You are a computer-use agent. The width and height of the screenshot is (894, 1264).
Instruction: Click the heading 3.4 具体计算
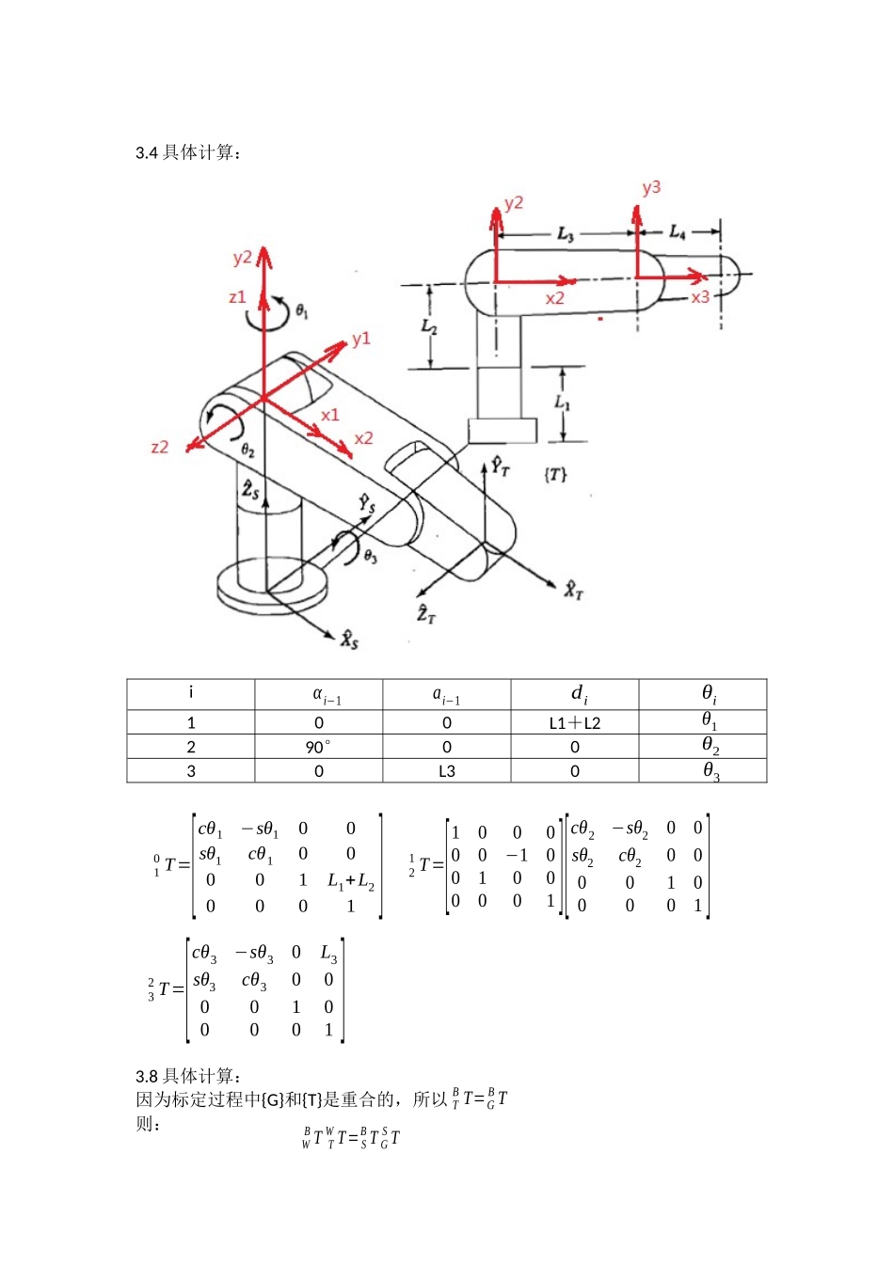point(188,152)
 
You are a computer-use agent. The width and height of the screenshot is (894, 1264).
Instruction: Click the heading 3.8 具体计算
point(188,1076)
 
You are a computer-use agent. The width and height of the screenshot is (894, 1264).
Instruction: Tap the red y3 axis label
point(651,188)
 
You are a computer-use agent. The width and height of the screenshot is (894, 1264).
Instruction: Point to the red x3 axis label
point(700,297)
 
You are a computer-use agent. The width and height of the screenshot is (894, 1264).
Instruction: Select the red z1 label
point(238,297)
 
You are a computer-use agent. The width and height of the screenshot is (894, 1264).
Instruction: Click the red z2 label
point(160,448)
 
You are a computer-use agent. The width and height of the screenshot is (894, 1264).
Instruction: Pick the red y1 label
point(361,340)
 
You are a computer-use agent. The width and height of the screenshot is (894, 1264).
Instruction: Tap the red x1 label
point(329,416)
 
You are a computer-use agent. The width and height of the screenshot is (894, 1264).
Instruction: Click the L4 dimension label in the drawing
point(678,232)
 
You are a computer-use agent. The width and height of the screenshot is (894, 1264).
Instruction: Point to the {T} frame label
point(555,475)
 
